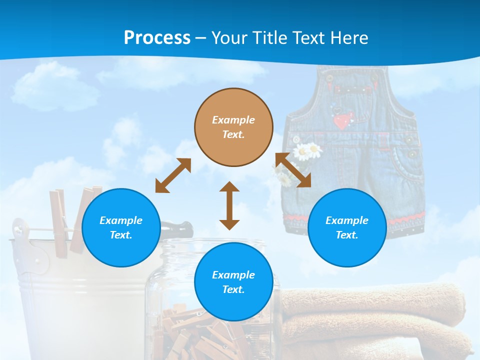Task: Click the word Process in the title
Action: point(157,37)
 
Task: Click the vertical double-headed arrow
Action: point(229,205)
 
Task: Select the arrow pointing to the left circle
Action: point(173,175)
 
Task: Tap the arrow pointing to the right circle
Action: point(293,170)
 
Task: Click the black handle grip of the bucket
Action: point(177,229)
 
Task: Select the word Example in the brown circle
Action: point(233,120)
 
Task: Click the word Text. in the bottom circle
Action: point(233,289)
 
